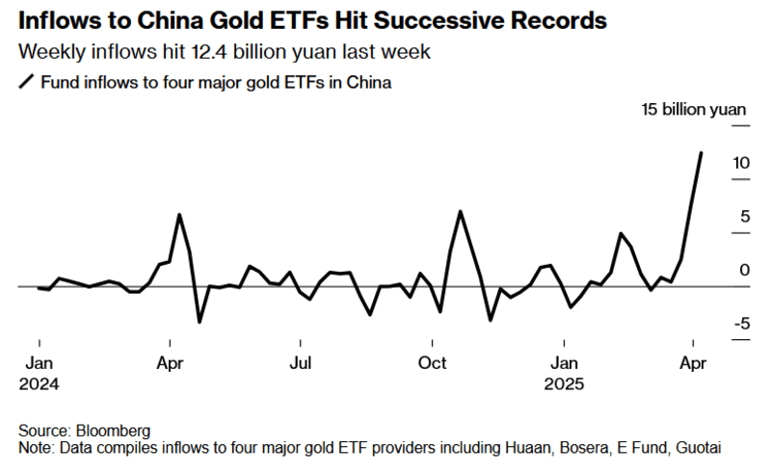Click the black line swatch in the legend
(26, 83)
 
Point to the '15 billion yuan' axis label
(694, 110)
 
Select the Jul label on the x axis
(301, 363)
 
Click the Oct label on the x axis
(433, 363)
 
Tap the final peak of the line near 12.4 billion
(701, 152)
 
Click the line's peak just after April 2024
(179, 214)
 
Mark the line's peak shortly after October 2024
(461, 211)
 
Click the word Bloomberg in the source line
(109, 431)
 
